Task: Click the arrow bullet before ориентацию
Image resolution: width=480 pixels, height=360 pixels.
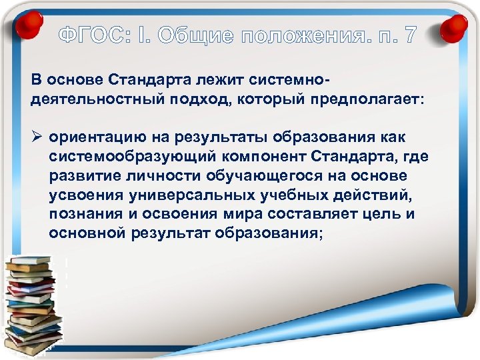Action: [x=37, y=137]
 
